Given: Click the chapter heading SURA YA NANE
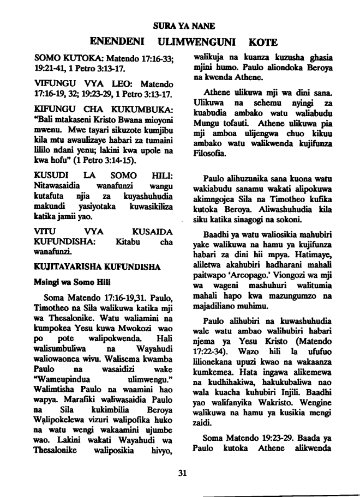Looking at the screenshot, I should tap(180, 25).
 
